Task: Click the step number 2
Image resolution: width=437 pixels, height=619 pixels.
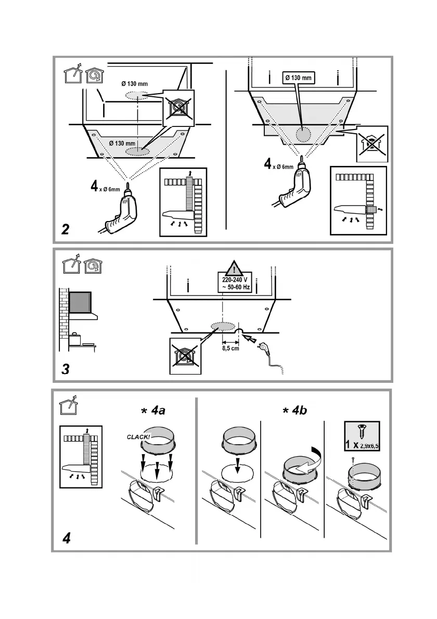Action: [66, 229]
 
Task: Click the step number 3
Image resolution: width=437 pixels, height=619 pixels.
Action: [66, 369]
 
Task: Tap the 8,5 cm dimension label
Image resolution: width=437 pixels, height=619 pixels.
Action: [230, 348]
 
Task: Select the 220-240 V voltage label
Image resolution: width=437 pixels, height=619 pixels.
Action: [235, 279]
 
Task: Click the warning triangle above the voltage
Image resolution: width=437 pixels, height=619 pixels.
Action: [235, 268]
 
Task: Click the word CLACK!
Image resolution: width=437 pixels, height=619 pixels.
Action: [138, 437]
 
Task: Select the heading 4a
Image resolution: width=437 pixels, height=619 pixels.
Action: [153, 410]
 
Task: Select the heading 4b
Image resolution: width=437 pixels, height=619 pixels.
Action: [294, 410]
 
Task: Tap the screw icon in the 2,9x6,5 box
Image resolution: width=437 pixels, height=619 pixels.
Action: [362, 429]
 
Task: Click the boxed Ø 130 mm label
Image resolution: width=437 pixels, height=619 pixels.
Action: [299, 78]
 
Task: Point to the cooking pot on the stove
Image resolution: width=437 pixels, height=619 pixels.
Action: [74, 338]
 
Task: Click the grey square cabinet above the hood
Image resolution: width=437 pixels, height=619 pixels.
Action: [80, 303]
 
